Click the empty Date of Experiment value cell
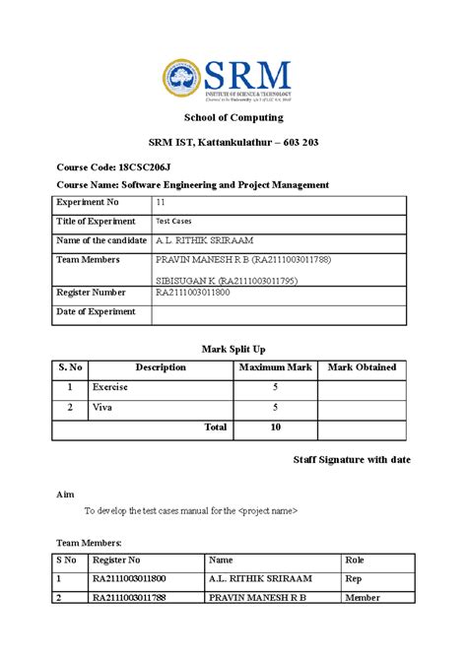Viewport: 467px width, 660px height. tap(278, 313)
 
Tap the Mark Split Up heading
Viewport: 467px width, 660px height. tap(233, 349)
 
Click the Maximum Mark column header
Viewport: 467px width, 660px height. tap(275, 367)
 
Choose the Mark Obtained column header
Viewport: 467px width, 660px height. tap(362, 367)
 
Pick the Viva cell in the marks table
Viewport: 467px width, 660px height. tap(101, 407)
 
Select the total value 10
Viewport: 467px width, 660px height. tap(275, 428)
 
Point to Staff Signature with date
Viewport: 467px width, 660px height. tap(352, 460)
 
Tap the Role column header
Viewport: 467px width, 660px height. tap(355, 561)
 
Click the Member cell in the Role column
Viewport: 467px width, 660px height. tap(362, 598)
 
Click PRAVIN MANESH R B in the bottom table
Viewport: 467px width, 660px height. tap(257, 598)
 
